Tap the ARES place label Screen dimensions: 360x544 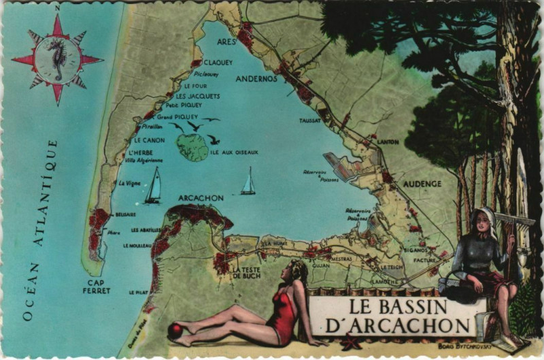(x=226, y=40)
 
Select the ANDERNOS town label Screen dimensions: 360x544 (x=256, y=78)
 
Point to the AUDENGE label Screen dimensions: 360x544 (x=422, y=184)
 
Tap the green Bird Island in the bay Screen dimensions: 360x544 (x=192, y=147)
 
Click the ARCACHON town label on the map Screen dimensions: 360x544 (x=200, y=198)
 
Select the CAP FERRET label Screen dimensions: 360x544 (x=98, y=287)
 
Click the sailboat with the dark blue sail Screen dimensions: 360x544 (x=153, y=186)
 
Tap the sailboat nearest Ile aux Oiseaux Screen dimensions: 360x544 (x=249, y=182)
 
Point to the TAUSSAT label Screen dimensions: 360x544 (x=310, y=120)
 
